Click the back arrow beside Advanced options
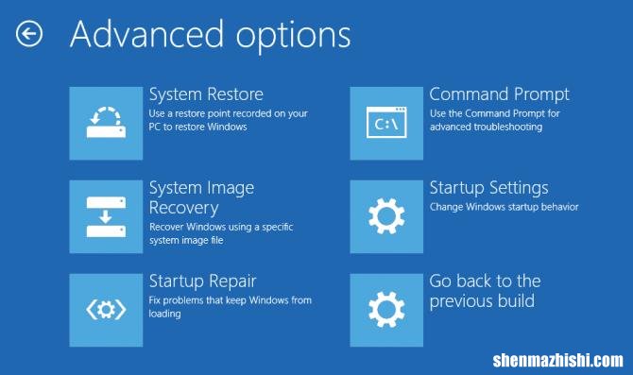click(29, 35)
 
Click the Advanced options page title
click(210, 35)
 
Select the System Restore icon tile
click(106, 122)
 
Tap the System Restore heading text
click(206, 94)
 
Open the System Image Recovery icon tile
click(106, 215)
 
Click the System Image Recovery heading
click(201, 197)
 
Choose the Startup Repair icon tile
click(106, 308)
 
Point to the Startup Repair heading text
click(203, 281)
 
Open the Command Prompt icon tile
click(386, 122)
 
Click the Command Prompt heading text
click(499, 94)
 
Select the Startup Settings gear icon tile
click(386, 215)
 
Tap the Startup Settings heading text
click(488, 188)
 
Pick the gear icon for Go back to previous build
click(386, 308)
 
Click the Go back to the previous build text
click(485, 291)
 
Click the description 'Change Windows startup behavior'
click(504, 207)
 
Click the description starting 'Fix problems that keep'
click(230, 307)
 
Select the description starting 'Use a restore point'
click(229, 120)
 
